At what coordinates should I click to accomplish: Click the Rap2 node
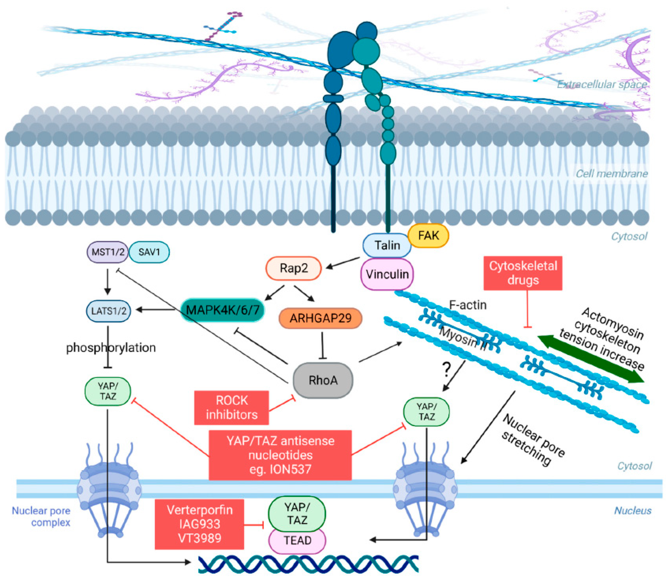coord(293,268)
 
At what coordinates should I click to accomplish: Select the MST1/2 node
coord(108,252)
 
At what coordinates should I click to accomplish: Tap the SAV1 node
coord(149,252)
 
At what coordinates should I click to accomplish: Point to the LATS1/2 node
coord(109,311)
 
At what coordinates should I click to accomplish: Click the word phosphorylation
coord(111,348)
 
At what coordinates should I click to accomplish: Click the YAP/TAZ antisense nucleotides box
coord(280,455)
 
